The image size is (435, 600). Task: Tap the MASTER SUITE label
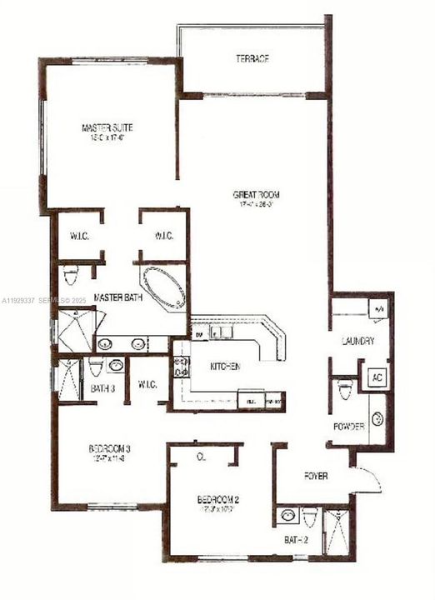pyautogui.click(x=107, y=127)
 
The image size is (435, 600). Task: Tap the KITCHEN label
pyautogui.click(x=225, y=367)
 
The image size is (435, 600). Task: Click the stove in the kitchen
pyautogui.click(x=181, y=367)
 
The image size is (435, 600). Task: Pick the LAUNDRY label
pyautogui.click(x=357, y=342)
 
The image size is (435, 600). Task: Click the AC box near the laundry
pyautogui.click(x=377, y=377)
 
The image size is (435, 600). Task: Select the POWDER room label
pyautogui.click(x=348, y=427)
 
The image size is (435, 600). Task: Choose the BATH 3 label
pyautogui.click(x=102, y=389)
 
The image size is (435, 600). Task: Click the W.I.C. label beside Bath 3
pyautogui.click(x=148, y=384)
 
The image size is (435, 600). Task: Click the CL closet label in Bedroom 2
pyautogui.click(x=201, y=457)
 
